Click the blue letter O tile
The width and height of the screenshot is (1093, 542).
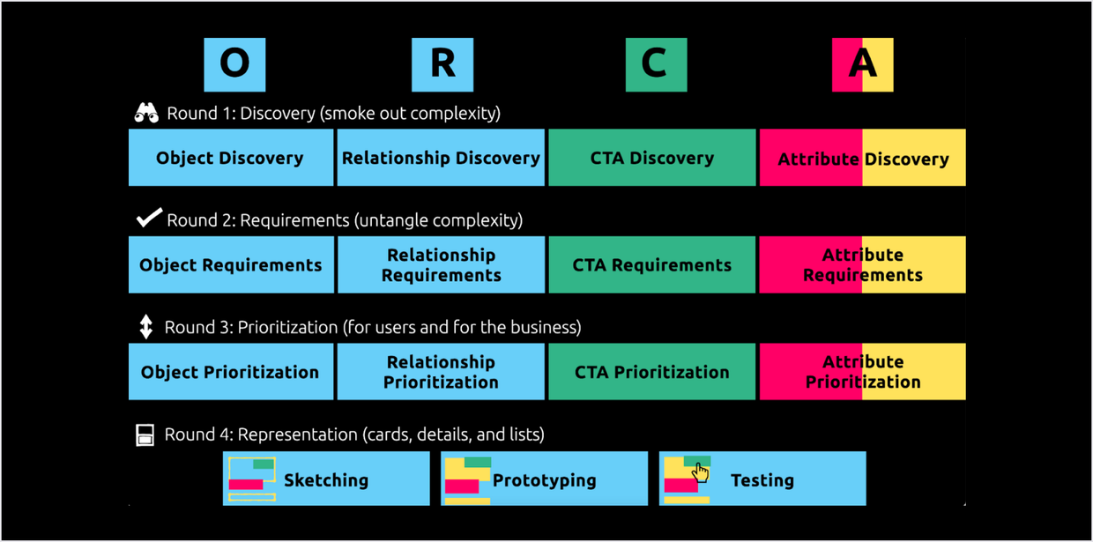coord(234,64)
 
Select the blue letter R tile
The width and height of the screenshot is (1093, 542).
coord(442,64)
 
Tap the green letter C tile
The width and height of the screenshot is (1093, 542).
coord(656,64)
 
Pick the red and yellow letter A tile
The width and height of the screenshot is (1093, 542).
coord(862,64)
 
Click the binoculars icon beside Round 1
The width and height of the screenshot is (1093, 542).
coord(146,113)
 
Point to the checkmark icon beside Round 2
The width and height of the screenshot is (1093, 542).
coord(149,218)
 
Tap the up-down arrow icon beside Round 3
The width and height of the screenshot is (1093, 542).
coord(146,327)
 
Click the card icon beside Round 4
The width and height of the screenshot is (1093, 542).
coord(145,434)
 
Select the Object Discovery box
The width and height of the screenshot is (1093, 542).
coord(231,158)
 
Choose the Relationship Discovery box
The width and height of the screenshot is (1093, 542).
coord(441,158)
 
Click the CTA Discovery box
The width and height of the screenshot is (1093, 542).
coord(652,158)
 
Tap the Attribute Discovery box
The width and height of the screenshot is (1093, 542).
coord(862,158)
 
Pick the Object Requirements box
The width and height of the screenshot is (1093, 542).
coord(231,264)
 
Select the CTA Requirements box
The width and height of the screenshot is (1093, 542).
coord(652,264)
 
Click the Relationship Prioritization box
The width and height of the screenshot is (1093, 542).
coord(441,372)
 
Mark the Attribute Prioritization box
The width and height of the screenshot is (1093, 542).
coord(862,372)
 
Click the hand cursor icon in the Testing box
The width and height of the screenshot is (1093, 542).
coord(700,474)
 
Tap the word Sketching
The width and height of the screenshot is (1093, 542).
coord(326,480)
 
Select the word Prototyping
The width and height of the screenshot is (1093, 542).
coord(544,480)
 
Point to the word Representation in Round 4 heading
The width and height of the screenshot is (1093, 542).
coord(298,434)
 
